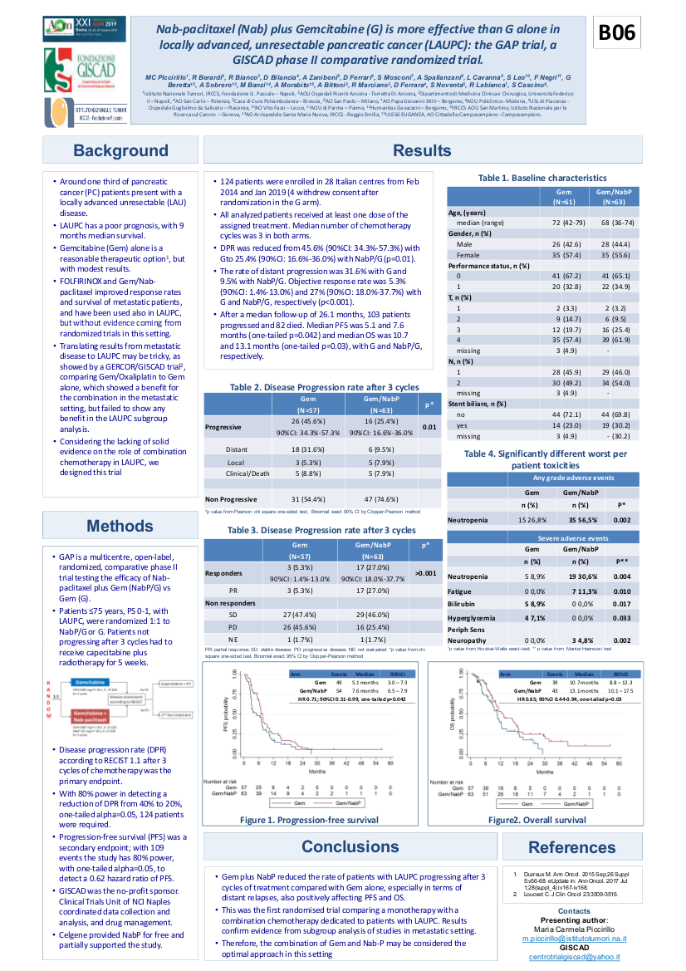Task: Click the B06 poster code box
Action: pos(617,32)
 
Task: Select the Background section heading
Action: pos(120,150)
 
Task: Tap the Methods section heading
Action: pos(120,526)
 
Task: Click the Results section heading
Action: pos(422,150)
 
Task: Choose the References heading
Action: pos(571,847)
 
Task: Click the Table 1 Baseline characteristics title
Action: pos(542,178)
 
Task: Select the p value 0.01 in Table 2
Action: pos(429,427)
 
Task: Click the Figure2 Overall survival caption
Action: pos(537,820)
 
